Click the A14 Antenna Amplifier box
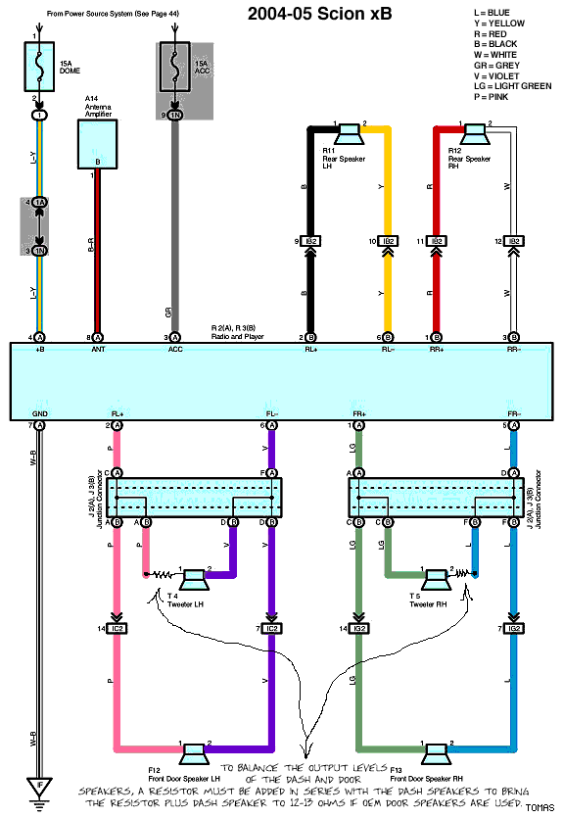[x=97, y=144]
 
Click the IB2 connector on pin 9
[x=310, y=241]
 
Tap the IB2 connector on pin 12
[x=513, y=241]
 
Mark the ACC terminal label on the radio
[x=175, y=349]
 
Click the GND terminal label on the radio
[x=40, y=414]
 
